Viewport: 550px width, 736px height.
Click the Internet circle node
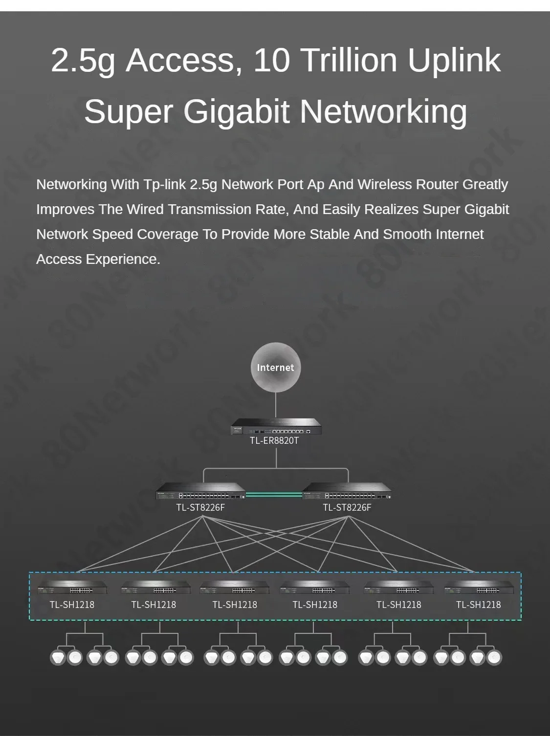click(275, 368)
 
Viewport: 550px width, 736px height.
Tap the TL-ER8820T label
click(274, 440)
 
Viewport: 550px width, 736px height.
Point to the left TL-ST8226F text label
click(200, 507)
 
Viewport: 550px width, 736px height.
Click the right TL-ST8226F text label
click(347, 507)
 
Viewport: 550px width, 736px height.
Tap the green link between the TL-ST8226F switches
click(274, 495)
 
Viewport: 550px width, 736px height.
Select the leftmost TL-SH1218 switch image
click(72, 587)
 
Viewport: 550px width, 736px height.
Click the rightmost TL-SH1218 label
click(478, 605)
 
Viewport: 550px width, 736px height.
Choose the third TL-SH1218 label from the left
click(235, 605)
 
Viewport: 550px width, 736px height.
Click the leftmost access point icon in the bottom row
click(58, 657)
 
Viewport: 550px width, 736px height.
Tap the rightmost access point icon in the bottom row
click(494, 657)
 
